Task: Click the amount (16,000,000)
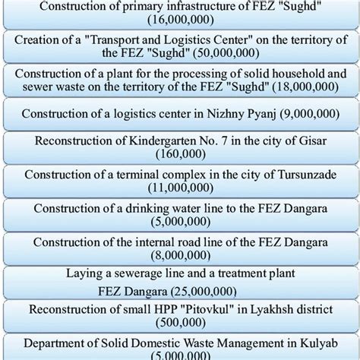click(179, 22)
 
